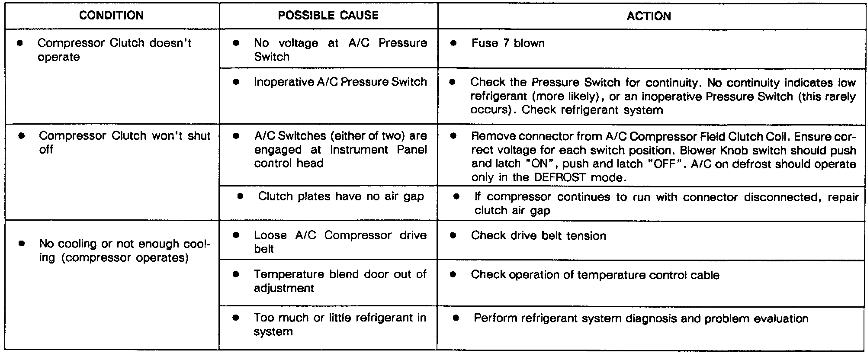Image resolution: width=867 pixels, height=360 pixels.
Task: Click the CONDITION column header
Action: (111, 16)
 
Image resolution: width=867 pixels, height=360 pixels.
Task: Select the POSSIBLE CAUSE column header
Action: (328, 16)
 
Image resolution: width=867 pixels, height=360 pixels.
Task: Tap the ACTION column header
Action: (649, 16)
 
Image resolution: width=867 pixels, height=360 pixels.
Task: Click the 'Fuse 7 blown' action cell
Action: (508, 43)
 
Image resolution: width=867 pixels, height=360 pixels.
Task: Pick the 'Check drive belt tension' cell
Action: (538, 236)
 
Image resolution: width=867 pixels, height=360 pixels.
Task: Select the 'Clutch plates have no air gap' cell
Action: (340, 196)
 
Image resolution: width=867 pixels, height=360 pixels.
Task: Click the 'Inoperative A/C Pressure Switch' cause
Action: (340, 82)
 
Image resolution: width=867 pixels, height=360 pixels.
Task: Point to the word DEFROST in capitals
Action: (560, 177)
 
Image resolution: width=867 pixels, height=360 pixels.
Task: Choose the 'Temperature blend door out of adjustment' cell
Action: (340, 281)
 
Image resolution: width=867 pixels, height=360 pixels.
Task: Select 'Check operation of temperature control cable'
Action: (595, 275)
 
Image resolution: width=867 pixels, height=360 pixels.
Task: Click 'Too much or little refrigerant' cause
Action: (340, 325)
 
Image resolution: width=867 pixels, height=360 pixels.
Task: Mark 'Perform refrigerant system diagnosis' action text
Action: (641, 319)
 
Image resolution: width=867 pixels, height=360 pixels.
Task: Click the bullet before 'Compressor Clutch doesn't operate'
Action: (20, 43)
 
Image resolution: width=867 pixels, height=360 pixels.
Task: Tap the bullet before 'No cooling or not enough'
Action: (22, 244)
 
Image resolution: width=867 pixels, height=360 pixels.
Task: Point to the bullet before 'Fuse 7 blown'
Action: (453, 43)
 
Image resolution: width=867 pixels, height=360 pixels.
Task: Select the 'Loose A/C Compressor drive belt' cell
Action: (340, 242)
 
